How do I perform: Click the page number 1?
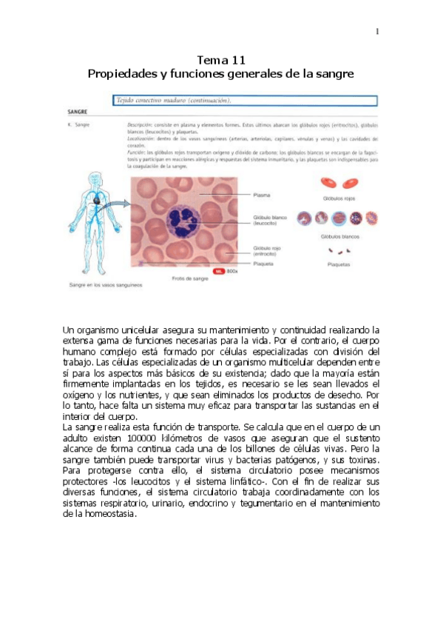377,31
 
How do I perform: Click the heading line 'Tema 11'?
221,60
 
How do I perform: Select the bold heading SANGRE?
78,113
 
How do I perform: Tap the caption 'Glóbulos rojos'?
339,199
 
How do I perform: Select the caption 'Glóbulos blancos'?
339,237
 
